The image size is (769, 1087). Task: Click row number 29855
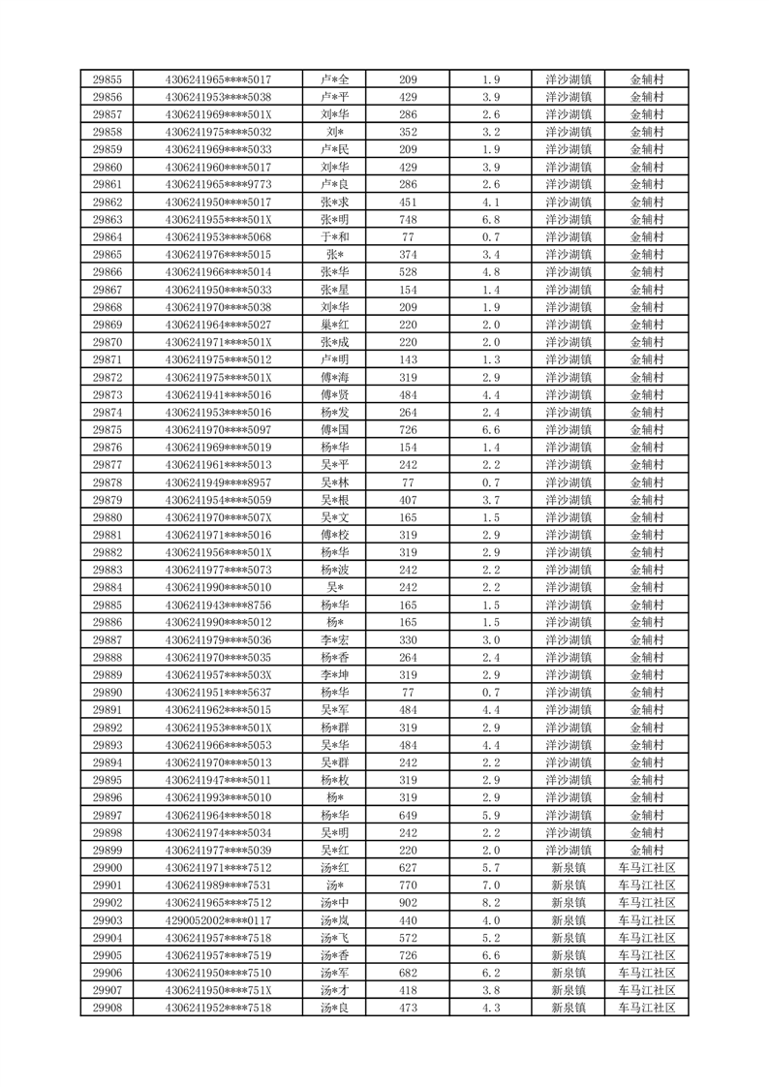click(x=107, y=79)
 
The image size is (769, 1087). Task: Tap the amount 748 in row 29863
click(x=408, y=219)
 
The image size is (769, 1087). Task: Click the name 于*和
click(x=335, y=236)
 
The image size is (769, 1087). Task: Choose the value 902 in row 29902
click(x=408, y=903)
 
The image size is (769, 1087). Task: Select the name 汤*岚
click(x=335, y=920)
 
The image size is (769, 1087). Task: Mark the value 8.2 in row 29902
click(x=490, y=903)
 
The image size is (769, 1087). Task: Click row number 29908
click(x=107, y=1009)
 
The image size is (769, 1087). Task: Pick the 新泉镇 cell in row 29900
click(x=569, y=868)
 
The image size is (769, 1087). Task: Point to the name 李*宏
click(x=335, y=640)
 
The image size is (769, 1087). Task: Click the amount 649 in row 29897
click(x=408, y=816)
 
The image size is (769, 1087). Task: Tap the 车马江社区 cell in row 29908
click(x=646, y=1009)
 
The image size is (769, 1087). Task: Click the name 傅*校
click(x=335, y=535)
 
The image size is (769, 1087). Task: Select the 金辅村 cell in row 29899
click(x=646, y=851)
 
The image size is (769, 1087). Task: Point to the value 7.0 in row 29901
click(x=490, y=885)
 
